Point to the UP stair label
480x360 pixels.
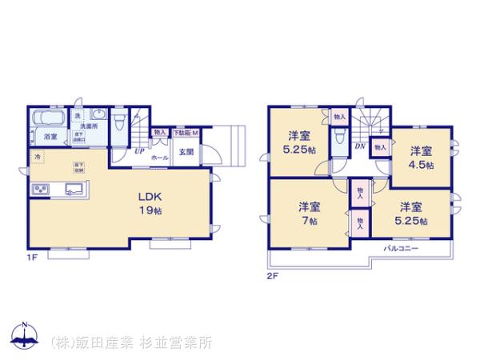pos(139,150)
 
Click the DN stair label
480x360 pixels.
pos(360,146)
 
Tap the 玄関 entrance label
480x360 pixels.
pos(185,151)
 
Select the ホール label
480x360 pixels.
pos(159,158)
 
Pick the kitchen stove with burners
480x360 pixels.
pos(39,190)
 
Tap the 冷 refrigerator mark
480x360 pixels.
pos(38,157)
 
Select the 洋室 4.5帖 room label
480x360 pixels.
pos(422,158)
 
